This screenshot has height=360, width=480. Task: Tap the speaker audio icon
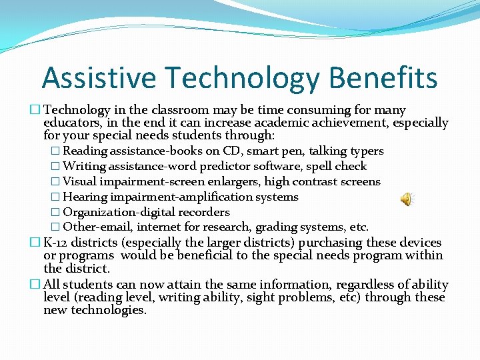[x=406, y=198]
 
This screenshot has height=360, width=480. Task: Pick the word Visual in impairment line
[x=78, y=182]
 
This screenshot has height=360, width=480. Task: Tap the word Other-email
[x=98, y=227]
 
